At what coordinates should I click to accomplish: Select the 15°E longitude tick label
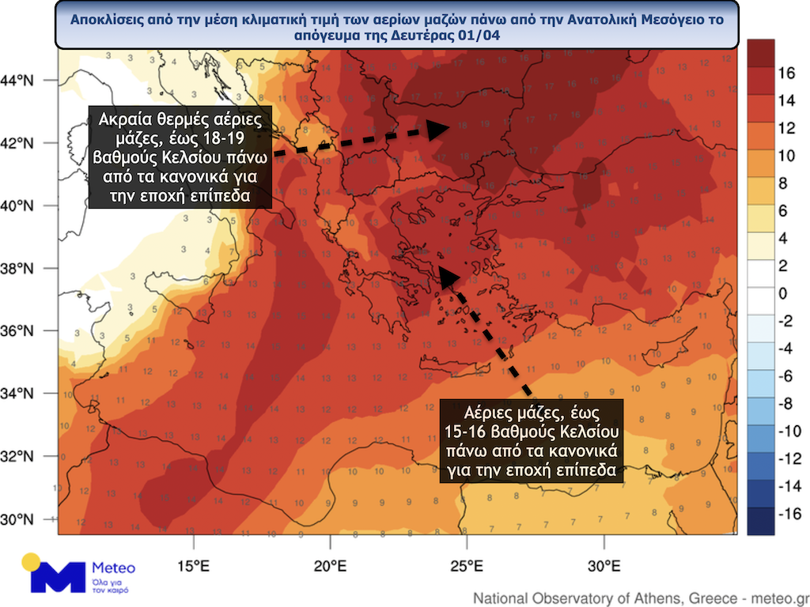point(194,566)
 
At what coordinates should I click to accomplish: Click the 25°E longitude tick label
point(467,566)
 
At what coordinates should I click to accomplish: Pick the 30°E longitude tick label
point(604,566)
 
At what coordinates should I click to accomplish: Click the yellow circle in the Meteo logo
point(32,563)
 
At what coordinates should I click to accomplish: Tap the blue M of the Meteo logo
point(57,577)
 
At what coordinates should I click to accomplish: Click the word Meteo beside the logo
point(114,567)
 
